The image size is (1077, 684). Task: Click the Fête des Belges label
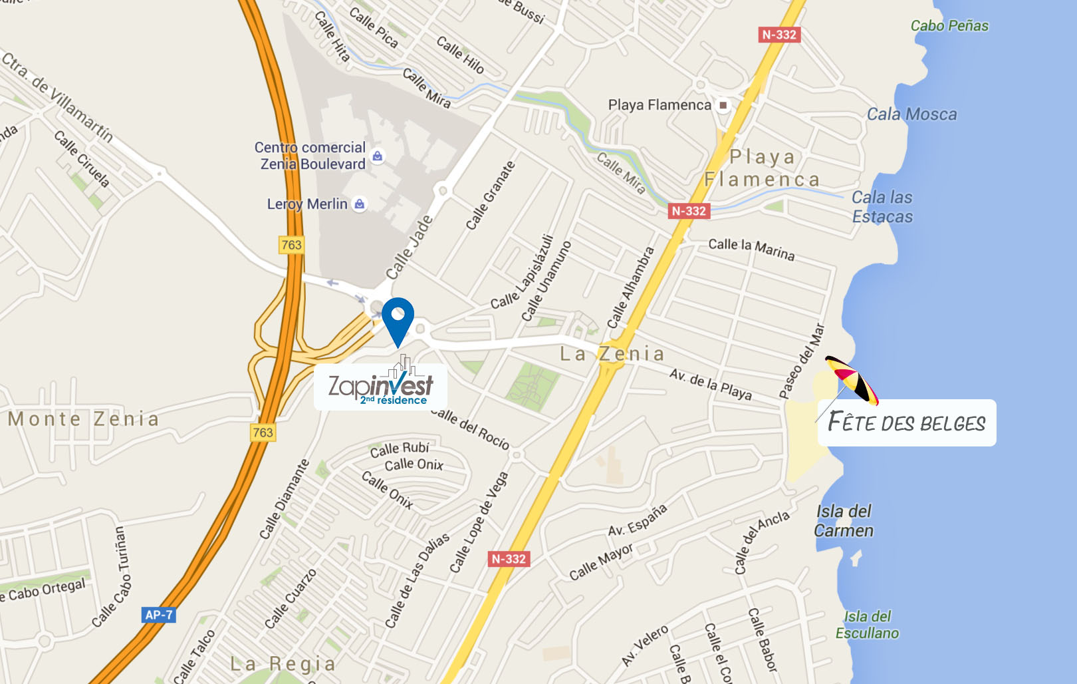click(907, 423)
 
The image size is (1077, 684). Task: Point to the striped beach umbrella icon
click(852, 380)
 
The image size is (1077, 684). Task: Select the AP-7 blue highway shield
click(158, 615)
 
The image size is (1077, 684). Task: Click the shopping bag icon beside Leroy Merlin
click(360, 204)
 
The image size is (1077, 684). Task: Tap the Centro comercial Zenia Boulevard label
click(310, 156)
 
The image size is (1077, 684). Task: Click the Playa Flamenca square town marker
click(723, 105)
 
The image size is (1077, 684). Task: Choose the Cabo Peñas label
click(949, 26)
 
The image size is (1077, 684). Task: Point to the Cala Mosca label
click(911, 114)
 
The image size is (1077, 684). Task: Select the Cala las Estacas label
click(882, 207)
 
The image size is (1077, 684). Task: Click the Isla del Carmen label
click(844, 521)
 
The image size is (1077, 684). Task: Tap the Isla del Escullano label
click(867, 625)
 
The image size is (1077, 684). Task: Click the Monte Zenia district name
click(84, 419)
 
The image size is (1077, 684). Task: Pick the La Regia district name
click(283, 664)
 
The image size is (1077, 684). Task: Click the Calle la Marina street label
click(751, 249)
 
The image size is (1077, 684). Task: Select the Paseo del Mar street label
click(802, 361)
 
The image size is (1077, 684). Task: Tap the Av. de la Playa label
click(710, 384)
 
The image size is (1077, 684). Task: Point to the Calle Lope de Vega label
click(479, 522)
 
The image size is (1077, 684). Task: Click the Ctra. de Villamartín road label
click(58, 96)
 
